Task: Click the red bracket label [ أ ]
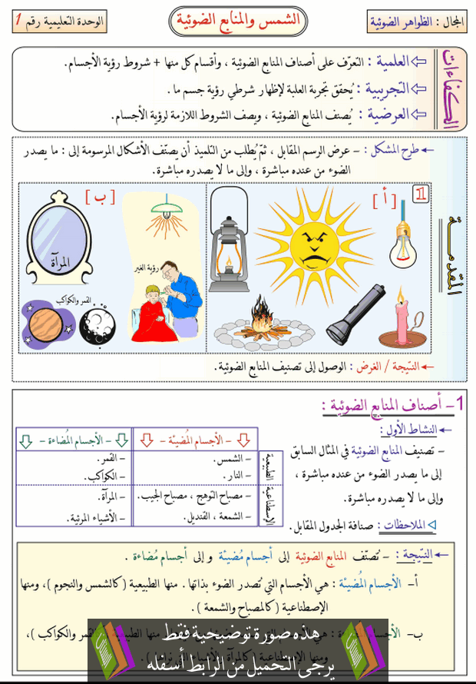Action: (x=385, y=201)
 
